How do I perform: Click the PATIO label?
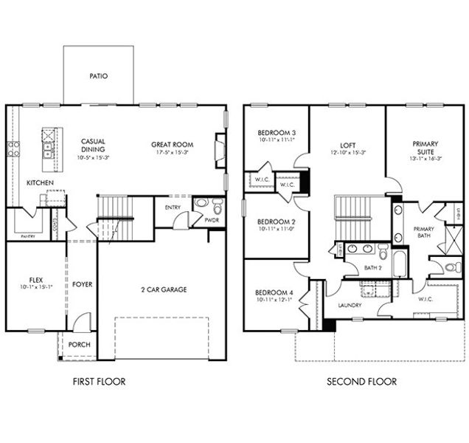[98, 75]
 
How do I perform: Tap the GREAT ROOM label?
[172, 145]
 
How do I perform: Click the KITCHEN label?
[39, 182]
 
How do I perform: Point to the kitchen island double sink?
[49, 152]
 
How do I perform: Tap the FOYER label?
[82, 284]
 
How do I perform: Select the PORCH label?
[79, 345]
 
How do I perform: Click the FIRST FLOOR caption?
[99, 382]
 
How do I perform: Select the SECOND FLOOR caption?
[361, 382]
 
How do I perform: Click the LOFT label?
[348, 145]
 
